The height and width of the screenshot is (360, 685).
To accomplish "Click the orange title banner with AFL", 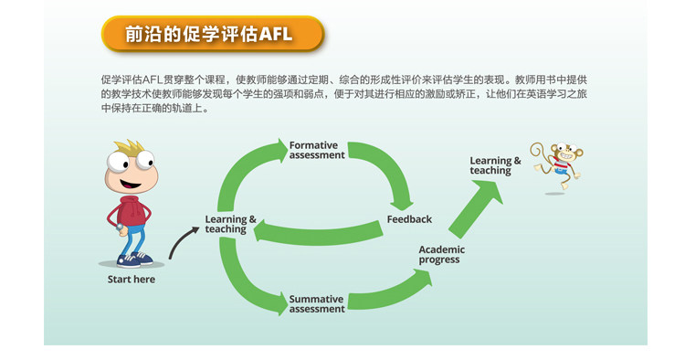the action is [213, 34].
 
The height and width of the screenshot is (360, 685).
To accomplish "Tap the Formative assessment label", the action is [317, 150].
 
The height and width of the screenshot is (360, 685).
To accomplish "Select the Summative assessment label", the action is [317, 303].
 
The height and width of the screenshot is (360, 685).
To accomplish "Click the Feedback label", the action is [409, 219].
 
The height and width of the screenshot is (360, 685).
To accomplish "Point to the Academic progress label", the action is [442, 254].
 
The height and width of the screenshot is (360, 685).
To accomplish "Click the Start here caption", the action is [131, 280].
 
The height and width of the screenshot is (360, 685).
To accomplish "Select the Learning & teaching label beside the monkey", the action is [495, 165].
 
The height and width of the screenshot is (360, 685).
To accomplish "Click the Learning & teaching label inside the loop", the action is [230, 224].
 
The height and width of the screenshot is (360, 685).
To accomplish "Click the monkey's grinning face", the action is [566, 154].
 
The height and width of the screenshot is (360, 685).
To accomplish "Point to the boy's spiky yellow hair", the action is [128, 148].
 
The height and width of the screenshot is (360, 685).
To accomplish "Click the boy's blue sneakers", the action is [134, 259].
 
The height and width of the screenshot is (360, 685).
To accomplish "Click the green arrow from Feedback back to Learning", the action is [318, 232].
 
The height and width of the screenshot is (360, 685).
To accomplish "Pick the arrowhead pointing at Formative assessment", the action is [282, 150].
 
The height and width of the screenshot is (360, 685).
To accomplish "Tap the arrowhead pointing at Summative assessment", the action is [282, 303].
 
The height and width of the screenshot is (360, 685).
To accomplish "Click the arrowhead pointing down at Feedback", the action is [402, 205].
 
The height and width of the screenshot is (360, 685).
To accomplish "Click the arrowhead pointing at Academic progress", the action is [424, 278].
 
